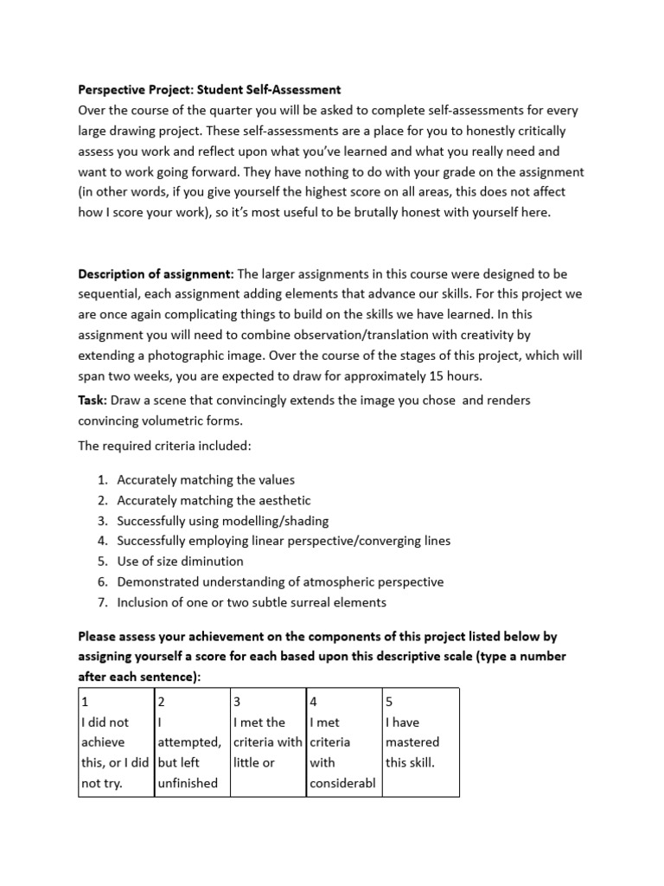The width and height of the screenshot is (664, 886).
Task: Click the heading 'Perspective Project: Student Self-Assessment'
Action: (x=209, y=89)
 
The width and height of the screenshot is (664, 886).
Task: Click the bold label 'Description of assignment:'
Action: (x=156, y=274)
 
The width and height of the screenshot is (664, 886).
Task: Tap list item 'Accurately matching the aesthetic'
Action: (x=214, y=500)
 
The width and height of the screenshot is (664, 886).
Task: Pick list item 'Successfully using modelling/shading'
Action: (x=223, y=521)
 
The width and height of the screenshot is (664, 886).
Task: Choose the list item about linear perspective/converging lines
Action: (x=284, y=541)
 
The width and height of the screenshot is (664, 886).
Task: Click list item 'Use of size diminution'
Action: (x=180, y=562)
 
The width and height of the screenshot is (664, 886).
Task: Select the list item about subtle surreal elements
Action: (x=252, y=602)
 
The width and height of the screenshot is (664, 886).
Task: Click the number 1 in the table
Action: (x=83, y=701)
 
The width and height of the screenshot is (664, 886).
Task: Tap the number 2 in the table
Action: (x=161, y=701)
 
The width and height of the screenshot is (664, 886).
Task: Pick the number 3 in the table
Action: (x=237, y=701)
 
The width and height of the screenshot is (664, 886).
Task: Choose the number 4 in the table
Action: (x=313, y=701)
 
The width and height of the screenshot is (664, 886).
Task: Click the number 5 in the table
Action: (x=390, y=701)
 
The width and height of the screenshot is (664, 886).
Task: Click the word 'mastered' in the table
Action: (x=412, y=742)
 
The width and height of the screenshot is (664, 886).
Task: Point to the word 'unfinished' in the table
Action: (x=188, y=783)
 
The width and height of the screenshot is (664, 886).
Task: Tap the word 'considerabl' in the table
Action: (x=342, y=783)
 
